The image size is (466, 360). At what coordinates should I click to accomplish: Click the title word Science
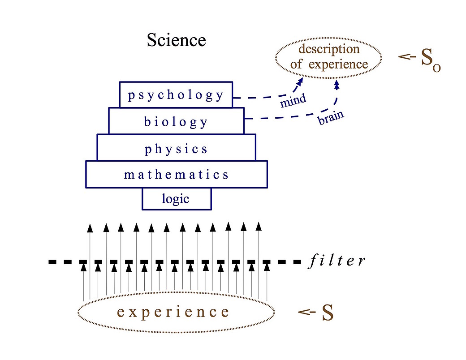point(176,40)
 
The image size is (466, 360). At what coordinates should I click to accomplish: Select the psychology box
point(176,95)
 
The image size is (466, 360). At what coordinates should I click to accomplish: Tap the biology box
point(176,121)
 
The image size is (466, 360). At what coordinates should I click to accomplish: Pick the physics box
point(176,148)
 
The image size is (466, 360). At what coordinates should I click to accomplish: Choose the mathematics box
point(176,174)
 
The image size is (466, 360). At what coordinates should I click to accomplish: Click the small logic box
point(176,199)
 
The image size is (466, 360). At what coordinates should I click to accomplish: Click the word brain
point(331,118)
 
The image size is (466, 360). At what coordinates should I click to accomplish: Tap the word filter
point(337,261)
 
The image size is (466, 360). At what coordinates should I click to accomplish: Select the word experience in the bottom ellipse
point(173,312)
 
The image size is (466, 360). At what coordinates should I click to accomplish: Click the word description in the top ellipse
point(329,49)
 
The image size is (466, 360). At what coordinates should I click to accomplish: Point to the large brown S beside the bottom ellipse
point(328,313)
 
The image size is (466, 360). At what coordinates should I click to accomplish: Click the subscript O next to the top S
point(436,68)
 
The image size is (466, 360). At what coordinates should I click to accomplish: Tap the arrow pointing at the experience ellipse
point(305,312)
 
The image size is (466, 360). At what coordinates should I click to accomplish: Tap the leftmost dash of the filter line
point(54,261)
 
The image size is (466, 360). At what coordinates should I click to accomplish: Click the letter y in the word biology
point(204,122)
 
